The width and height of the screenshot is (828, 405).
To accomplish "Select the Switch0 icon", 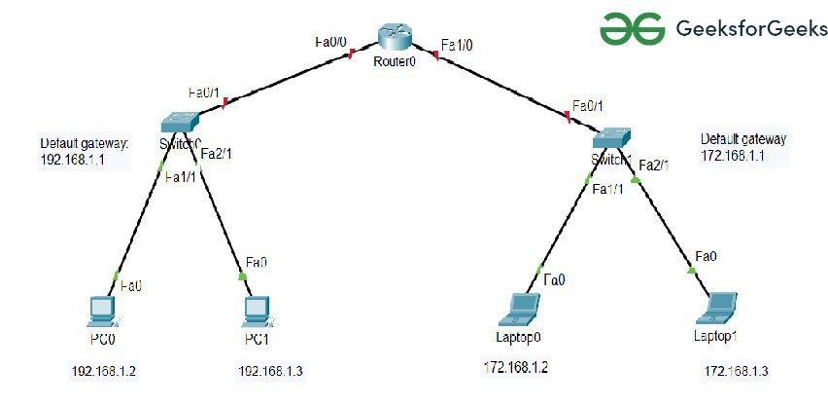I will [x=180, y=121].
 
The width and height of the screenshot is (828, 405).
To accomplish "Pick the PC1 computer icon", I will [x=256, y=310].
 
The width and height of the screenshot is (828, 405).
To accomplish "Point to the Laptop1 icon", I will [x=720, y=308].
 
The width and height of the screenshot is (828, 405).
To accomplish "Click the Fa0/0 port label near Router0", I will [x=330, y=42].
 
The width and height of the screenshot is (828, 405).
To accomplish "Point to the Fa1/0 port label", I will [x=457, y=46].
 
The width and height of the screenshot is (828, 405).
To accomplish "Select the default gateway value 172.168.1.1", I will [x=728, y=155].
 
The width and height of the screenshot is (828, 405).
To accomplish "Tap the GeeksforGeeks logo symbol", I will [x=632, y=28].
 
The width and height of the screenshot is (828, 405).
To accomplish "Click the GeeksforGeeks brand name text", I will [x=750, y=29].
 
